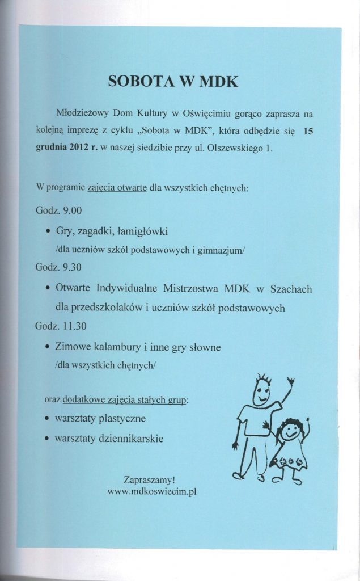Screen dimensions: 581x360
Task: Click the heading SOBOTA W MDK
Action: coord(173,81)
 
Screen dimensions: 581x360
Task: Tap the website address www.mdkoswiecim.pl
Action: coord(152,492)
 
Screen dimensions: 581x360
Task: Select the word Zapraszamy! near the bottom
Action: coord(146,480)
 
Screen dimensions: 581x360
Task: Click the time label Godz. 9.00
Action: coord(58,210)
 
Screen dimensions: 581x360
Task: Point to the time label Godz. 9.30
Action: coord(58,268)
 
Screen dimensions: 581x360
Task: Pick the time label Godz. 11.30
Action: coord(61,326)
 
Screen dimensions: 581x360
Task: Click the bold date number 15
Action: coord(308,131)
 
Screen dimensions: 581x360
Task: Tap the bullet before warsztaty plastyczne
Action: coord(47,419)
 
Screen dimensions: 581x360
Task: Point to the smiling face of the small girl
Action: coord(291,431)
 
